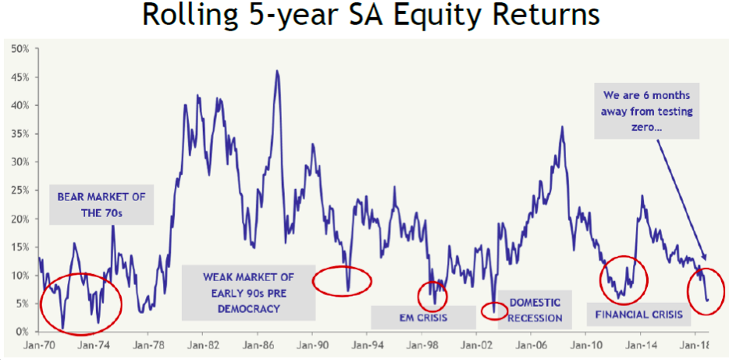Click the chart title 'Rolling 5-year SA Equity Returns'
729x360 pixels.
[x=364, y=17]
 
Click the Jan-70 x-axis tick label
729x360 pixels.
[x=37, y=344]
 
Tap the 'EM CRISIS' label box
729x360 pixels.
[x=423, y=317]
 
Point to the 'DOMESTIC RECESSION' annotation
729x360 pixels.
[x=535, y=310]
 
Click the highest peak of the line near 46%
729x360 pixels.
[x=277, y=71]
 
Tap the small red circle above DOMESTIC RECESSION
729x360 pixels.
[x=494, y=311]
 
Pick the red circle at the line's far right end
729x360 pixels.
[x=706, y=290]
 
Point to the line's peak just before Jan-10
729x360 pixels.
[x=562, y=127]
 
